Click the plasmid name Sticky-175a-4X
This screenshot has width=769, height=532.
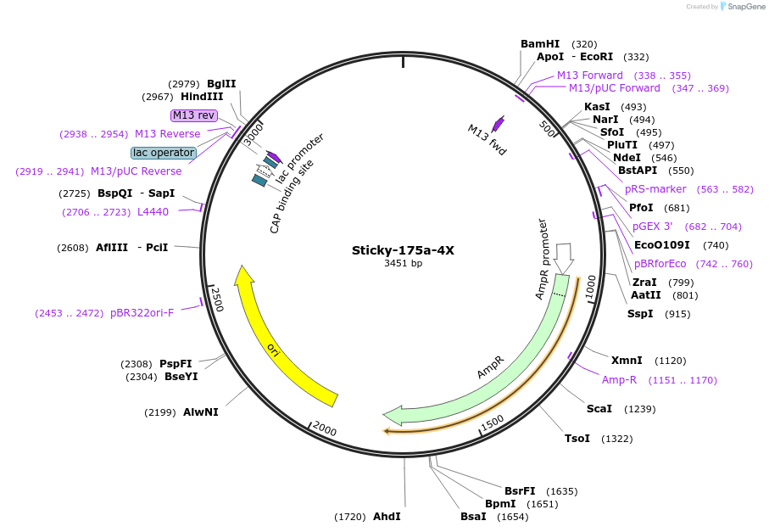pyautogui.click(x=403, y=250)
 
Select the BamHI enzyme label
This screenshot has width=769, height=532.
pyautogui.click(x=540, y=44)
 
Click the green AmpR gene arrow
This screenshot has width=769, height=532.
pyautogui.click(x=500, y=365)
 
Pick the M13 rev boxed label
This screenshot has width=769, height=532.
pyautogui.click(x=194, y=115)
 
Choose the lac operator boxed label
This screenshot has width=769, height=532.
pyautogui.click(x=164, y=153)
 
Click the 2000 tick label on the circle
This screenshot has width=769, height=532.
pyautogui.click(x=325, y=429)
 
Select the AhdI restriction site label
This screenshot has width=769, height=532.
pyautogui.click(x=387, y=516)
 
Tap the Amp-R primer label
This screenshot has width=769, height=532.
pyautogui.click(x=619, y=379)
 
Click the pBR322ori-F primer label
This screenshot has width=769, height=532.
pyautogui.click(x=142, y=313)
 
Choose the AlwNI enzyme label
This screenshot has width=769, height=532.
pyautogui.click(x=201, y=412)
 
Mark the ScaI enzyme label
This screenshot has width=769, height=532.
pyautogui.click(x=599, y=409)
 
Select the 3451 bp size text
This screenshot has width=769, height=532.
pyautogui.click(x=403, y=264)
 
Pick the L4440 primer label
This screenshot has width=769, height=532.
pyautogui.click(x=153, y=212)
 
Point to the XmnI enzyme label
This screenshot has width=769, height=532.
pyautogui.click(x=627, y=361)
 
